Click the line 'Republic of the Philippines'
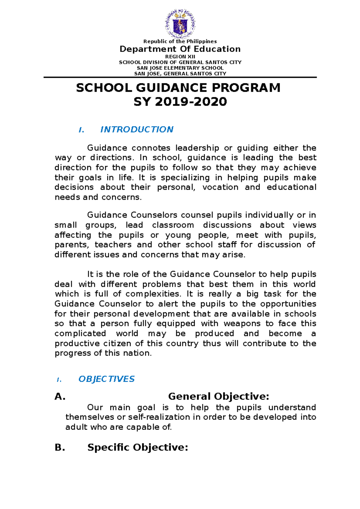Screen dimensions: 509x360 click(180, 41)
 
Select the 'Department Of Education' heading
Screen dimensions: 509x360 click(180, 49)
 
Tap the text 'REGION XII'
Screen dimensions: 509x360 click(180, 57)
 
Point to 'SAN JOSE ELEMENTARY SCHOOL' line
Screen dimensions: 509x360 click(180, 68)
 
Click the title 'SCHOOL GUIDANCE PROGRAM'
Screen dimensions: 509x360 click(178, 88)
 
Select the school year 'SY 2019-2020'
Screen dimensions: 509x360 click(180, 102)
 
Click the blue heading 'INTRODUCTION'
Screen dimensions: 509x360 click(136, 129)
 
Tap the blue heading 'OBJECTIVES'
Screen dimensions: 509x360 click(106, 379)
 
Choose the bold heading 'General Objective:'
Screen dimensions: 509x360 click(218, 397)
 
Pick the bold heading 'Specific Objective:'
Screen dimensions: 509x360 click(137, 448)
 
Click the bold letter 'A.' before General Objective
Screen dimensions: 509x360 click(60, 397)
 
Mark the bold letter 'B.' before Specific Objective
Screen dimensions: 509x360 click(60, 448)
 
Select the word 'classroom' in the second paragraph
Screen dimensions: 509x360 click(173, 225)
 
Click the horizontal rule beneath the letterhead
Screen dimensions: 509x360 click(180, 77)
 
